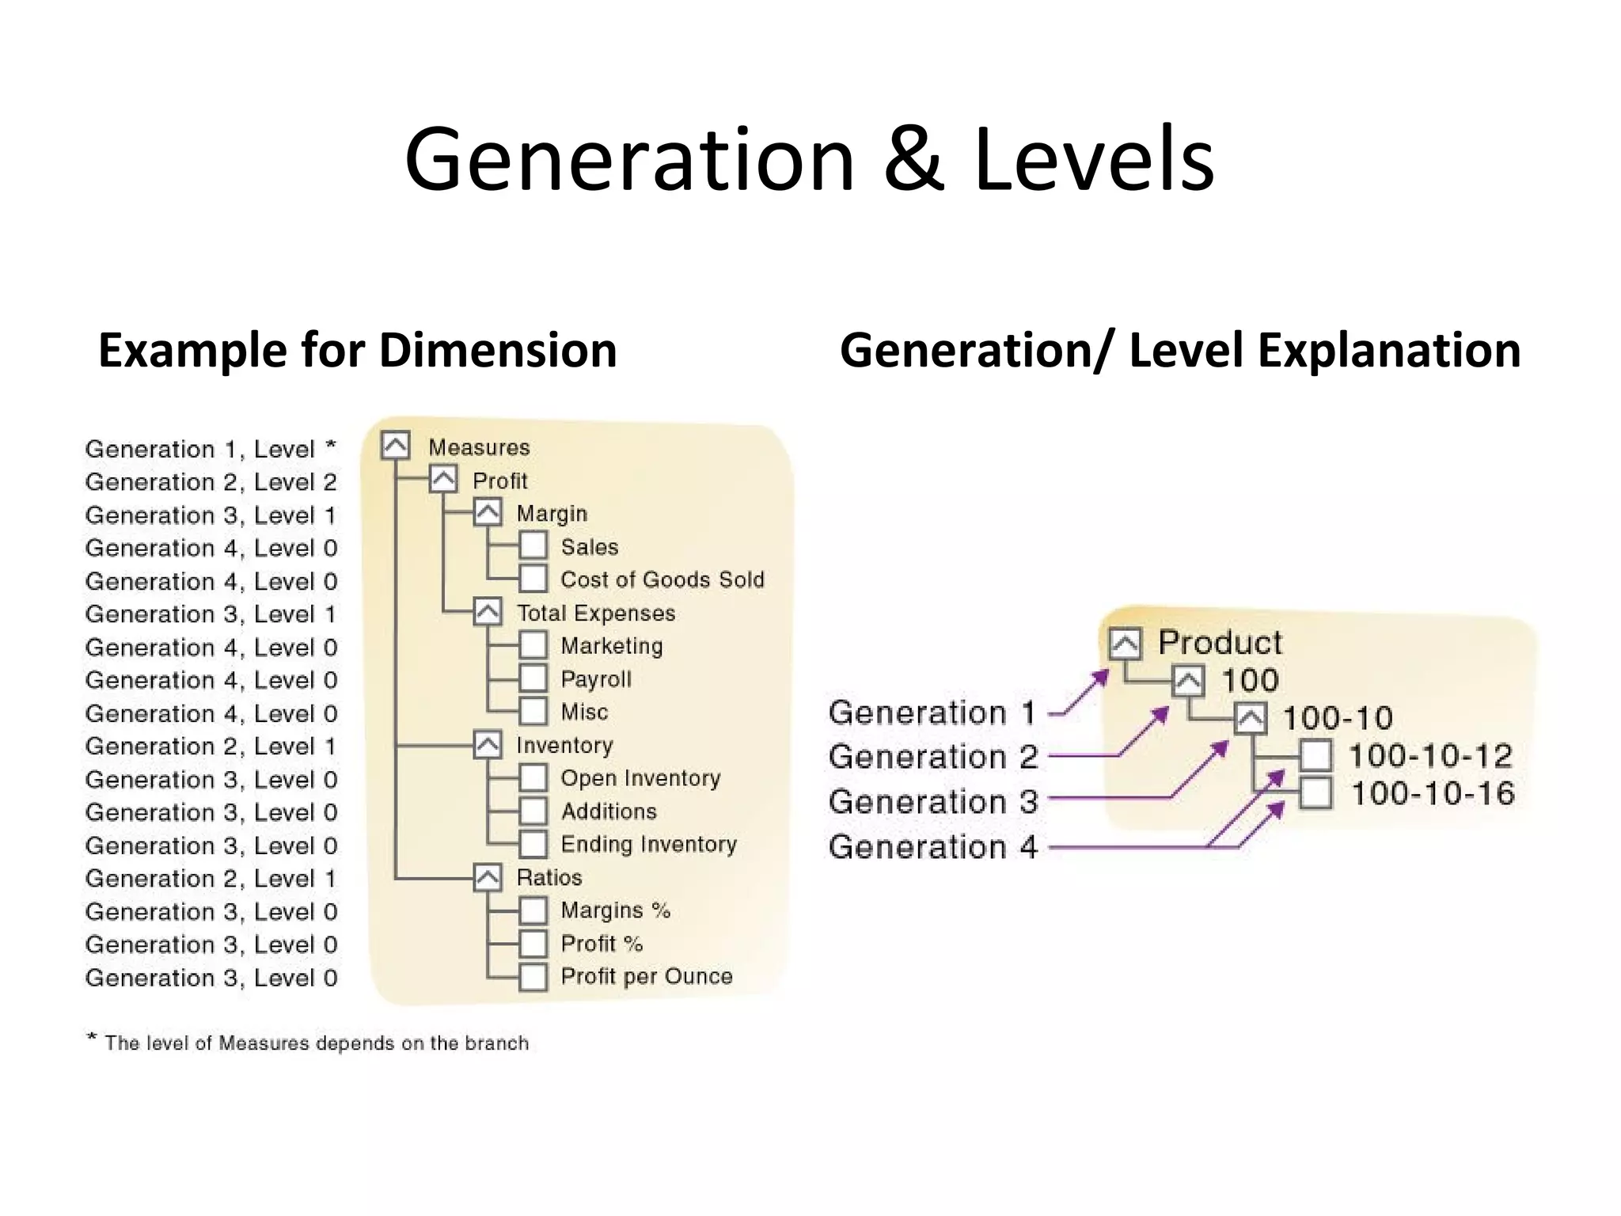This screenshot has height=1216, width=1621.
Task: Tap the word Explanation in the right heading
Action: click(x=1389, y=350)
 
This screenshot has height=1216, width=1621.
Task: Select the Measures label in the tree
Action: click(x=479, y=447)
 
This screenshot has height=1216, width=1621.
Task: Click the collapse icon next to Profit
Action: click(x=443, y=480)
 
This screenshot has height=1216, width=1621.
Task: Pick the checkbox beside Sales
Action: click(x=533, y=545)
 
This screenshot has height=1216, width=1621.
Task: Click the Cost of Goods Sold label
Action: click(x=662, y=579)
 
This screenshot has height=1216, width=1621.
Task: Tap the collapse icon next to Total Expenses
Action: click(x=488, y=612)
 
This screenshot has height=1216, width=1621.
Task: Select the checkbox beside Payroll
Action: click(x=533, y=678)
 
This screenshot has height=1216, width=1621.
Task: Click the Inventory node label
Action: click(x=564, y=745)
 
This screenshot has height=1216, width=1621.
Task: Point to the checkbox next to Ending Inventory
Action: click(x=533, y=844)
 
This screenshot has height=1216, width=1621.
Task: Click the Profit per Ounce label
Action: click(x=646, y=976)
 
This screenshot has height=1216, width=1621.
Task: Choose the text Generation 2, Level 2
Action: click(x=211, y=482)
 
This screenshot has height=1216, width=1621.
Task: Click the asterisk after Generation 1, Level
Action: click(x=331, y=447)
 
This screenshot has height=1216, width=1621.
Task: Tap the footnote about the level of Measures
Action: click(x=309, y=1043)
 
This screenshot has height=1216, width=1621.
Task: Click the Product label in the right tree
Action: click(x=1220, y=642)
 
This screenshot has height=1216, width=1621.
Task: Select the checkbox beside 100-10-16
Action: click(x=1315, y=793)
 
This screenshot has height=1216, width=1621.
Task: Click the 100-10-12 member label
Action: click(x=1430, y=756)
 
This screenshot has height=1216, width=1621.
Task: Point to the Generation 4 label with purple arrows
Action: click(x=932, y=847)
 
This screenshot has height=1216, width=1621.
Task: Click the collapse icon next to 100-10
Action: click(x=1250, y=718)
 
